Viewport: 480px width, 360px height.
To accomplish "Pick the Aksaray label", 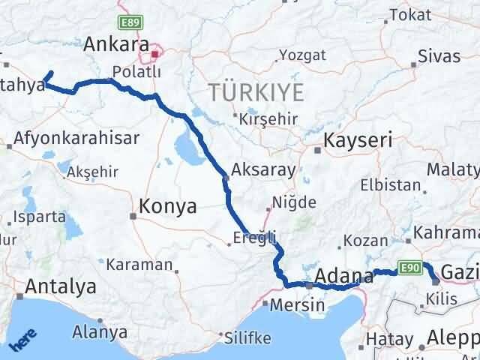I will pyautogui.click(x=264, y=169).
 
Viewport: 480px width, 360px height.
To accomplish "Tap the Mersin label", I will pyautogui.click(x=299, y=305).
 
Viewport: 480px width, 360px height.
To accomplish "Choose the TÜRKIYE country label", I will pyautogui.click(x=257, y=93).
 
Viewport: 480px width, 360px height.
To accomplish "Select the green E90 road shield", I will pyautogui.click(x=409, y=266).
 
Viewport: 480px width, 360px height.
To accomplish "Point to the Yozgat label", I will pyautogui.click(x=303, y=55).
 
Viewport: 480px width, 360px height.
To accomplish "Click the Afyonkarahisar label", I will pyautogui.click(x=78, y=139).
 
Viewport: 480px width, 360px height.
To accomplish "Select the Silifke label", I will pyautogui.click(x=249, y=337).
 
